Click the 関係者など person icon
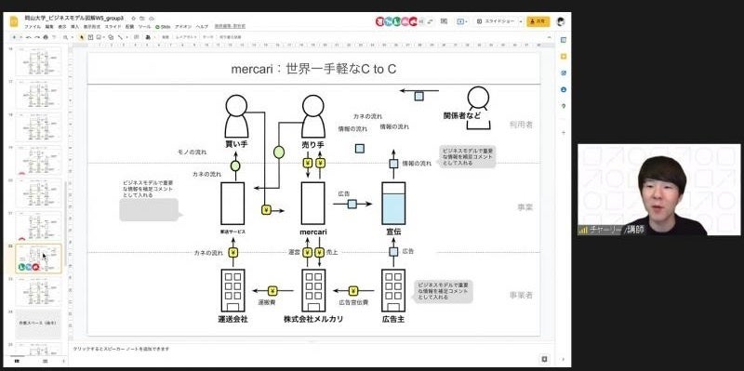point(478,99)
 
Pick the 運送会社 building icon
point(232,290)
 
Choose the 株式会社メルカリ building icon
point(313,290)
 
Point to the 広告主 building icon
point(393,290)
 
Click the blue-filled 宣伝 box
point(393,203)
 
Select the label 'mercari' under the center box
point(313,231)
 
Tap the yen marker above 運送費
point(273,290)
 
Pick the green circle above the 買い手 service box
point(235,166)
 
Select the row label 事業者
point(520,294)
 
